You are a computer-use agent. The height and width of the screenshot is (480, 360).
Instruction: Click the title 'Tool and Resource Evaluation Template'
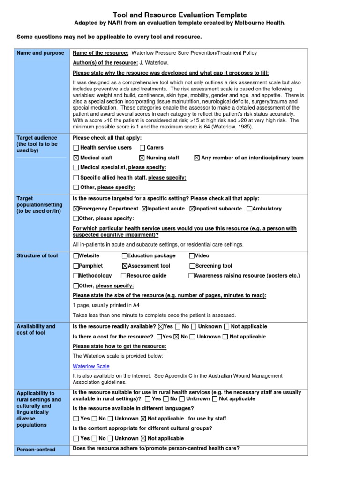point(180,15)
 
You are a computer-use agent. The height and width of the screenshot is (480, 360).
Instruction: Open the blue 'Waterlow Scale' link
point(91,366)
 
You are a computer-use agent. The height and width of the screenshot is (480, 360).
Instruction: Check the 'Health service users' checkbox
point(76,148)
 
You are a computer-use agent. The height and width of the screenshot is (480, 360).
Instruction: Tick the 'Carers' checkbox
point(142,148)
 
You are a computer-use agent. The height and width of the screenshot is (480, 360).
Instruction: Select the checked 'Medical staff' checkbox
point(76,158)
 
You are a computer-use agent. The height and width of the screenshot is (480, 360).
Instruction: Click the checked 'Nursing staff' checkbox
point(142,158)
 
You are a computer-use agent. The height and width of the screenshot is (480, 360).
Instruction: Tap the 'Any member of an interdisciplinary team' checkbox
point(197,158)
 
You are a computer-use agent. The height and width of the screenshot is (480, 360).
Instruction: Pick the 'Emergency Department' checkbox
point(76,209)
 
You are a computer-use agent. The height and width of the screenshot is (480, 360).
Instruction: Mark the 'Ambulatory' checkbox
point(249,209)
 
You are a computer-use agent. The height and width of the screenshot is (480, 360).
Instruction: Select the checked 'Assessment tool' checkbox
point(125,266)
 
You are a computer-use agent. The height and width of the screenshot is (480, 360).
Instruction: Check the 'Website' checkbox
point(76,256)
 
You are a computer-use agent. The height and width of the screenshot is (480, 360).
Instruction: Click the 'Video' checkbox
point(192,256)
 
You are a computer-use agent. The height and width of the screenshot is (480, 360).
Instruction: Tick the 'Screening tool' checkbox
point(192,266)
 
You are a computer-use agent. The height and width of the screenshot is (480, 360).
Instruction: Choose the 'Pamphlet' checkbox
point(76,266)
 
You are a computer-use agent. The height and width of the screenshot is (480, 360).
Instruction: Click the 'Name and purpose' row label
point(40,53)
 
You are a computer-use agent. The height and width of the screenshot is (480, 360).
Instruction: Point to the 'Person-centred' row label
point(36,450)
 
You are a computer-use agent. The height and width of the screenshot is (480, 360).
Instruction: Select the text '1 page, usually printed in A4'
point(106,305)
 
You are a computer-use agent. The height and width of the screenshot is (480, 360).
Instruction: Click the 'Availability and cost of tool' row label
point(36,330)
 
